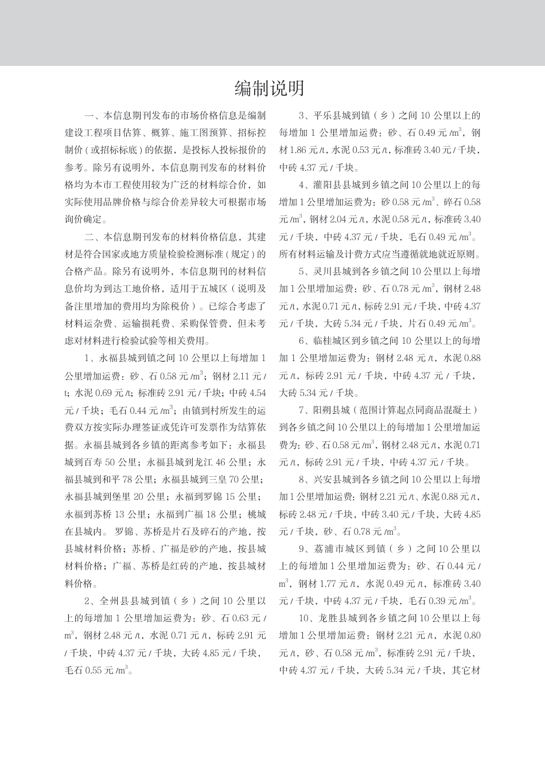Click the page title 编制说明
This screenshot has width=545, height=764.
[x=269, y=88]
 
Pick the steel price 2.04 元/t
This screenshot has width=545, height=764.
[x=332, y=220]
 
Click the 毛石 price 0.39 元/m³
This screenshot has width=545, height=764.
[x=450, y=601]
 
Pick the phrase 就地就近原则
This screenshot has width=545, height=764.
[x=453, y=254]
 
